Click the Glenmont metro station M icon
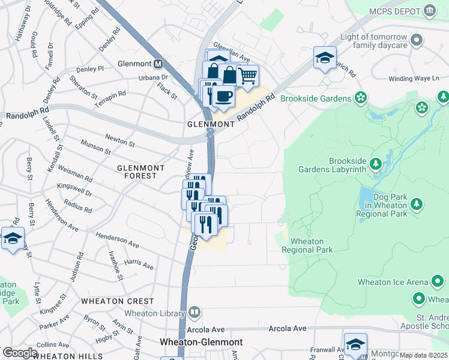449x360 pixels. pyautogui.click(x=158, y=64)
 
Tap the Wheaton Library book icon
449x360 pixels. pyautogui.click(x=194, y=313)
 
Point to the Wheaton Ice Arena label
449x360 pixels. pyautogui.click(x=393, y=282)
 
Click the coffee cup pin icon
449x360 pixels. pyautogui.click(x=223, y=95)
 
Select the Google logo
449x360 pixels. pyautogui.click(x=20, y=353)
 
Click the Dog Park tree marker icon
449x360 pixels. pyautogui.click(x=415, y=206)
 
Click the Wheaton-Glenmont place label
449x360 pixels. pyautogui.click(x=201, y=342)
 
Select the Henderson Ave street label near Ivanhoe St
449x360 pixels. pyautogui.click(x=116, y=241)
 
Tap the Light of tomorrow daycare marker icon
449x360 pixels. pyautogui.click(x=417, y=41)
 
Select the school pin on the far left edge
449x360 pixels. pyautogui.click(x=12, y=238)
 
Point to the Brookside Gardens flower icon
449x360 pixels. pyautogui.click(x=360, y=98)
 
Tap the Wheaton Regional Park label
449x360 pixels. pyautogui.click(x=307, y=245)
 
